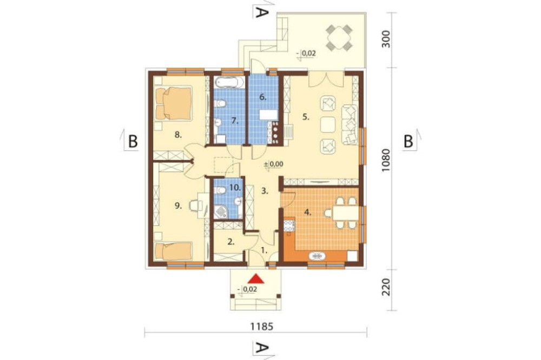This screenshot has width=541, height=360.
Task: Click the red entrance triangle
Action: [256, 278]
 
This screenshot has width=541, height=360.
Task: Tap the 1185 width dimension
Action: [261, 326]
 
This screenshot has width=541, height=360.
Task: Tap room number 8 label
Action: [178, 135]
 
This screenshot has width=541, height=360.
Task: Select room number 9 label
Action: [178, 206]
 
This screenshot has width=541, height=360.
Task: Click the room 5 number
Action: [305, 117]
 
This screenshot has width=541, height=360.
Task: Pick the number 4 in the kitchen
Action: [307, 212]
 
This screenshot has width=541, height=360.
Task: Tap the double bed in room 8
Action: [173, 103]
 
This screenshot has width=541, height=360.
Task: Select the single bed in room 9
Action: [173, 251]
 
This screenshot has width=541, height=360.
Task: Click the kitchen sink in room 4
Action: [316, 256]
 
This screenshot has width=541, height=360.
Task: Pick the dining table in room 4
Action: [346, 213]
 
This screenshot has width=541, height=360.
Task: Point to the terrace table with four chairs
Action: [339, 37]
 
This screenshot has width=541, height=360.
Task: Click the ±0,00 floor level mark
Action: [274, 164]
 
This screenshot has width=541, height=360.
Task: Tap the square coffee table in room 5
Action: [328, 125]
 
